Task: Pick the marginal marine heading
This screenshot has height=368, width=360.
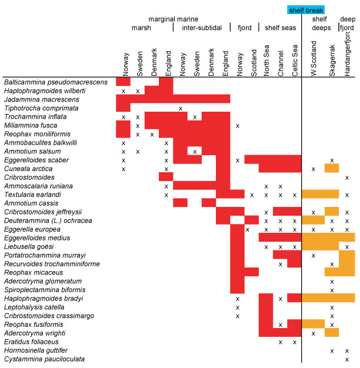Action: pyautogui.click(x=173, y=19)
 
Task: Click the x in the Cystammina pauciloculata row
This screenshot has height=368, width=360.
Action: pyautogui.click(x=347, y=359)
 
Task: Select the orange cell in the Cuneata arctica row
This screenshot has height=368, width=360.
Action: pyautogui.click(x=332, y=169)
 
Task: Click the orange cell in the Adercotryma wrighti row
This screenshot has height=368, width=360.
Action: pyautogui.click(x=332, y=333)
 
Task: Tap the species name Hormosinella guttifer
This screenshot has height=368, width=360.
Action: pyautogui.click(x=37, y=350)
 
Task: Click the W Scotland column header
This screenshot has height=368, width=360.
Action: pyautogui.click(x=314, y=59)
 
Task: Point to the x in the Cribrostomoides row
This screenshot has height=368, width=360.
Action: pyautogui.click(x=347, y=177)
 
